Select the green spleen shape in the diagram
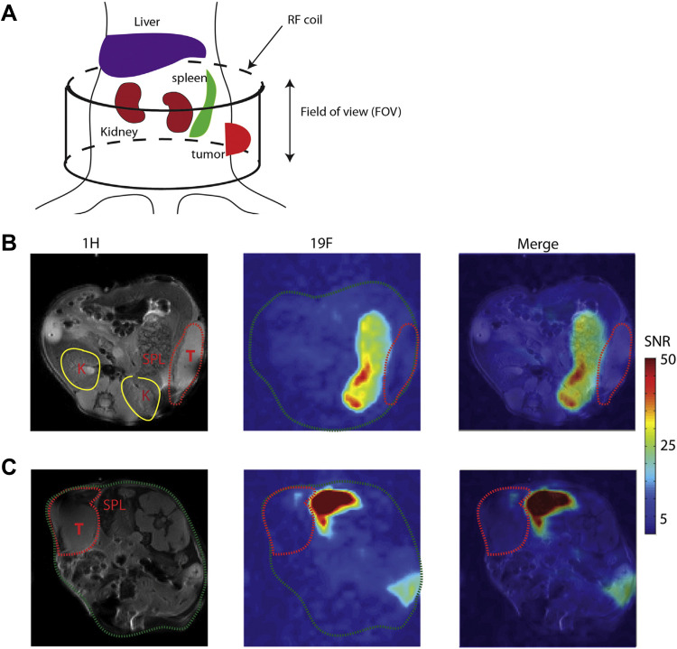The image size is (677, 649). pyautogui.click(x=204, y=108)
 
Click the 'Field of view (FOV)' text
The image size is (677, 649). pyautogui.click(x=351, y=113)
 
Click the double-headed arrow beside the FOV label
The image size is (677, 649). pyautogui.click(x=289, y=120)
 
